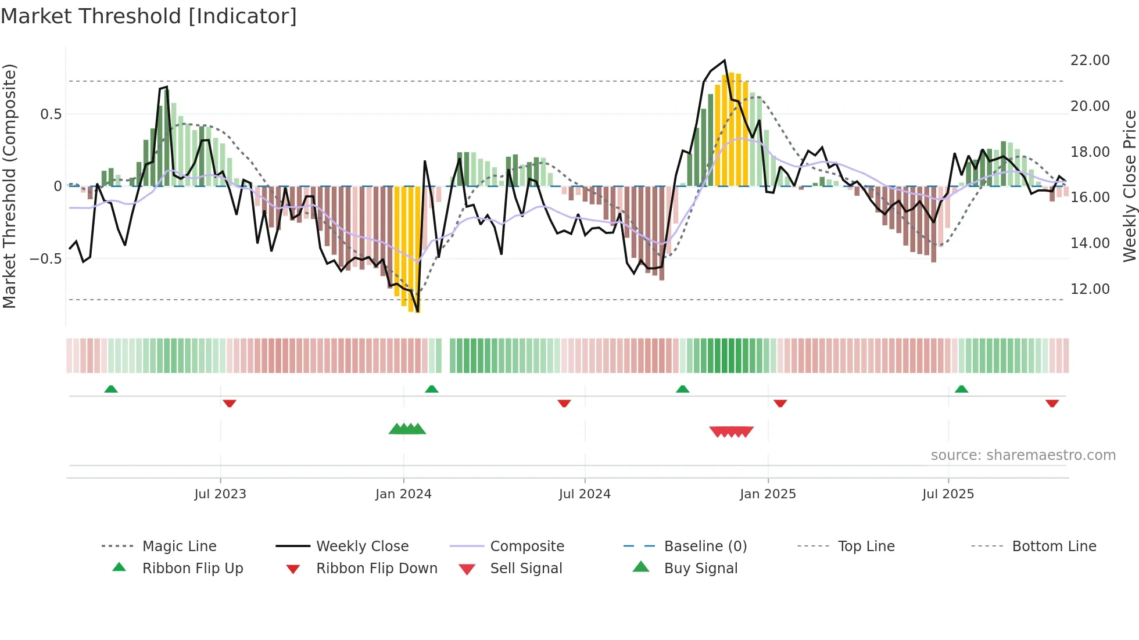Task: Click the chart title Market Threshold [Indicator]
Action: coord(149,16)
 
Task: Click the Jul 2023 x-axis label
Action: coord(220,494)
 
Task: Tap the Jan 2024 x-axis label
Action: coord(403,494)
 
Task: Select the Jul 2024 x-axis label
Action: coord(585,494)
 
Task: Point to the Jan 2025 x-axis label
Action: coord(768,494)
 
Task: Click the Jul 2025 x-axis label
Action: coord(948,494)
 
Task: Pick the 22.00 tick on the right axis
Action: coord(1090,60)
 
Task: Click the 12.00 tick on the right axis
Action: coord(1090,289)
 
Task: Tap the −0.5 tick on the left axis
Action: coord(45,259)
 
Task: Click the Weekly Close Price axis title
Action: coord(1129,186)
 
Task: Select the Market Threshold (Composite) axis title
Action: coord(9,186)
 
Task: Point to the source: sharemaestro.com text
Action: coord(1023,455)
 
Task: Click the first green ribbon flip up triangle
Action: coord(111,389)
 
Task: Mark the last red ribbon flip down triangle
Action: coord(1052,403)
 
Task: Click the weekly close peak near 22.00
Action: coord(725,60)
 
